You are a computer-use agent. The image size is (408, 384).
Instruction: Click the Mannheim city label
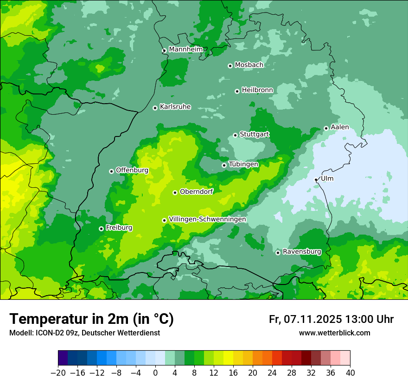186,49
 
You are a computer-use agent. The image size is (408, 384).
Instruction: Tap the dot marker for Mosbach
230,66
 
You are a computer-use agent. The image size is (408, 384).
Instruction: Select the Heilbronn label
257,90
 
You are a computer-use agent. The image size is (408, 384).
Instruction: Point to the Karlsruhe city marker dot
155,108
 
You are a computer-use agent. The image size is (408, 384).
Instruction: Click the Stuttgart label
254,134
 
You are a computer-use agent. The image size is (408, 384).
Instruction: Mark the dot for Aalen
326,128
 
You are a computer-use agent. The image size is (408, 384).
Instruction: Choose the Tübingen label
243,164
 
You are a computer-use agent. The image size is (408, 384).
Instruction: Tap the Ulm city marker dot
316,180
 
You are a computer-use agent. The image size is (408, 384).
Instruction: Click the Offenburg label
132,170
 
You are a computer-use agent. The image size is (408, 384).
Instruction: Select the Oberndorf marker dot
175,192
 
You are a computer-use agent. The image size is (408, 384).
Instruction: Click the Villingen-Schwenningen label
207,219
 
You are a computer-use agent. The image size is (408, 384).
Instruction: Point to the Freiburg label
119,228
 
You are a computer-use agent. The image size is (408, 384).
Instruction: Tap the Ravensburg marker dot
278,253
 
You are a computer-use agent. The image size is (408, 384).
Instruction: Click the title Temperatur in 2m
91,319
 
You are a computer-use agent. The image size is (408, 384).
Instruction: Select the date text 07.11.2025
313,319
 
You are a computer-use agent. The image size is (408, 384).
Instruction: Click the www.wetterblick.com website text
334,333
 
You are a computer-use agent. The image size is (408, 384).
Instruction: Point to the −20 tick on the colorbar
58,372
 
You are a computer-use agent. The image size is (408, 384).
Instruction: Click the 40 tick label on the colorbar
350,372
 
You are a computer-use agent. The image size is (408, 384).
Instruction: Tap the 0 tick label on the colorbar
155,372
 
